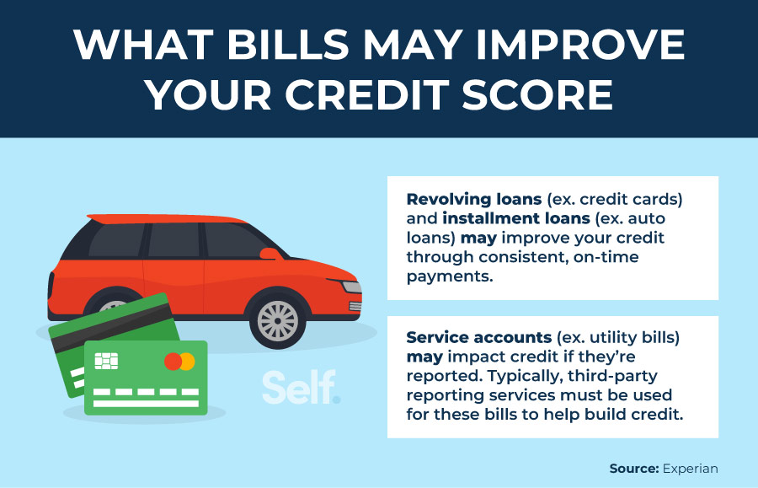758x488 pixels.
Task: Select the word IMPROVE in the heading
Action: tap(580, 45)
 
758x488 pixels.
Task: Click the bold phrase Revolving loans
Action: tap(473, 199)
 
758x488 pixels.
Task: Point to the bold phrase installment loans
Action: tap(516, 218)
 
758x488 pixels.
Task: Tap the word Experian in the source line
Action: tap(691, 469)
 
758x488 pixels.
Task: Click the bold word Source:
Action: tap(633, 469)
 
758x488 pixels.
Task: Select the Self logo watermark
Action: tap(302, 387)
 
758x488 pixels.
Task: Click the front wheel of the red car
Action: tap(277, 320)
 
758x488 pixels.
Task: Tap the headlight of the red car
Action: tap(351, 286)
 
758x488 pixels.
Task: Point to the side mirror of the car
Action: tap(270, 254)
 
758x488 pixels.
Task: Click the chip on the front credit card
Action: tap(106, 361)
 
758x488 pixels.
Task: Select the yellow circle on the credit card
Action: tap(187, 362)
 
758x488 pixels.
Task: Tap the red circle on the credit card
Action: tap(173, 362)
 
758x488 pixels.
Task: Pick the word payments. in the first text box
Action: tap(450, 276)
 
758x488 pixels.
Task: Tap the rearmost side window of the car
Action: tap(117, 240)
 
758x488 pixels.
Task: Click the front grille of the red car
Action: tap(355, 306)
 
